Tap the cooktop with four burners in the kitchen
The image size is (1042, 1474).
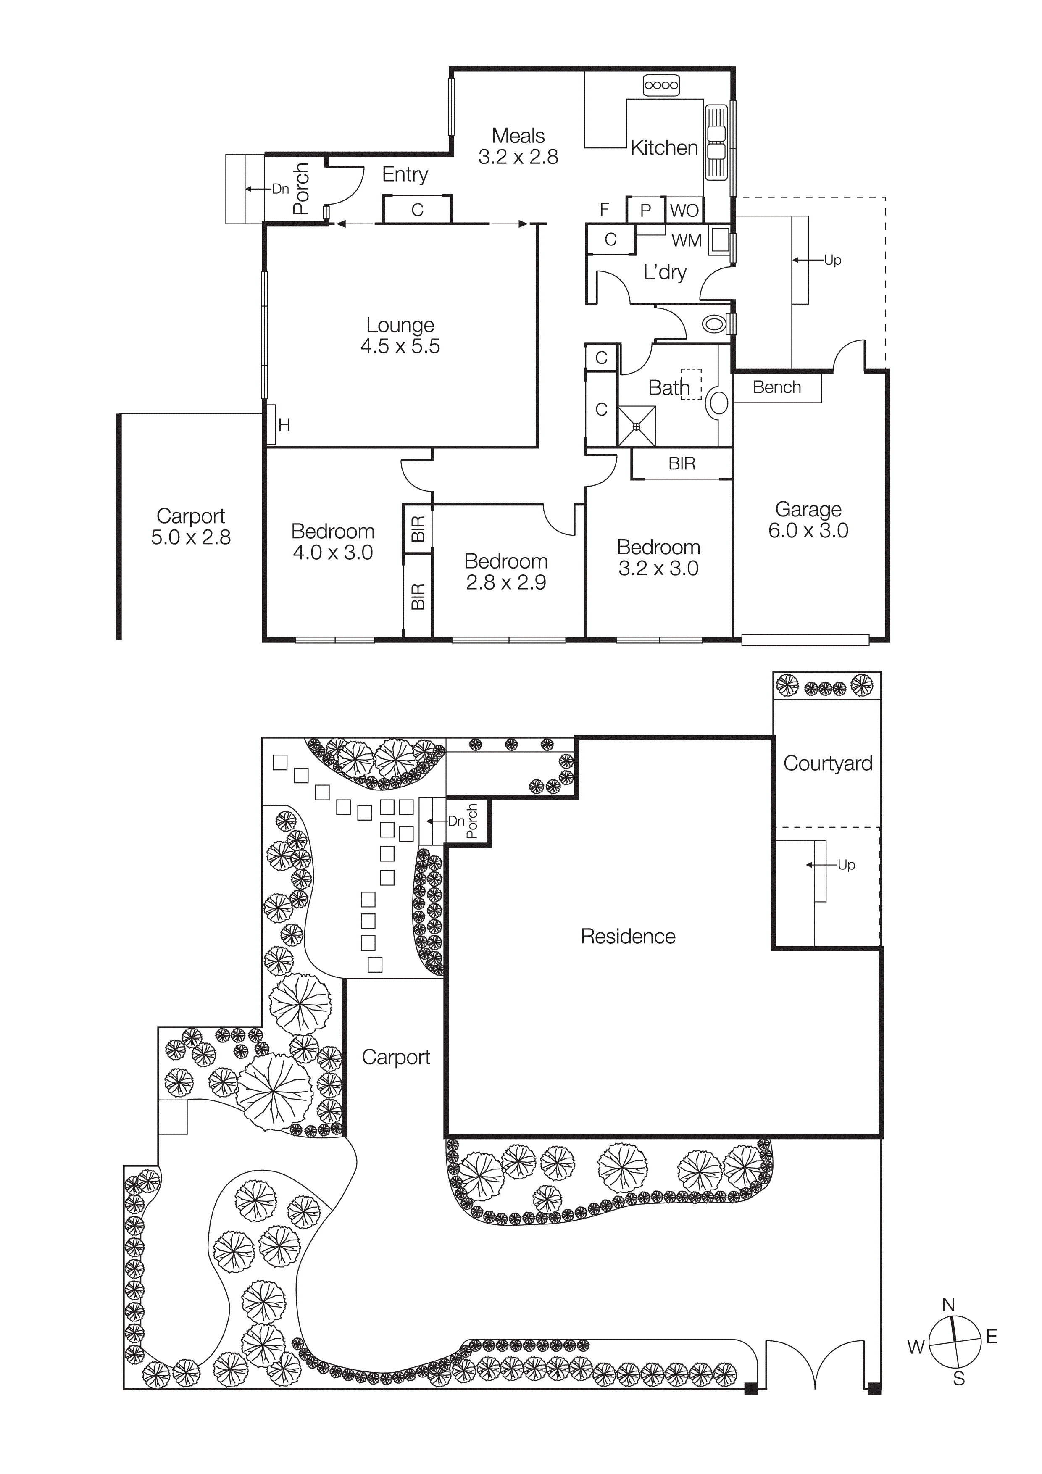661,85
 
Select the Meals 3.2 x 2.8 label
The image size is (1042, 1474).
518,146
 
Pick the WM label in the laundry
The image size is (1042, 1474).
686,241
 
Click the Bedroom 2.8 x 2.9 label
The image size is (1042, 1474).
506,571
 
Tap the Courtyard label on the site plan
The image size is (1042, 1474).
828,763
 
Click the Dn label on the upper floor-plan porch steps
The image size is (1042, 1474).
281,189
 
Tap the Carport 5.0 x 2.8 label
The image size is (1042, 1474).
191,526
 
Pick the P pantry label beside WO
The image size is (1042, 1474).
646,211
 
